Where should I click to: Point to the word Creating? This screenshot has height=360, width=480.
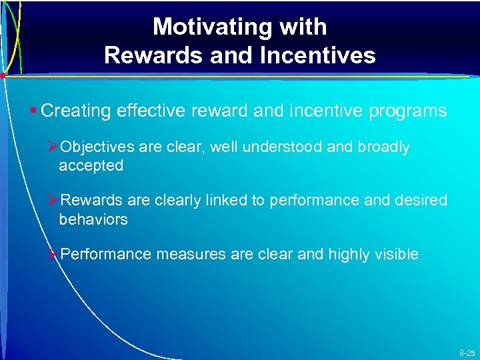point(76,111)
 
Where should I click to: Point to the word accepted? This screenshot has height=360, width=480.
point(91,165)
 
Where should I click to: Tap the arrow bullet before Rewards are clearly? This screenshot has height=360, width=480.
point(53,201)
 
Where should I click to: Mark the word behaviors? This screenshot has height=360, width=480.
point(93,219)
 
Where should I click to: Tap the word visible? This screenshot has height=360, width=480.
point(398,254)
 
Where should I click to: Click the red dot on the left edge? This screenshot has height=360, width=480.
point(3,76)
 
